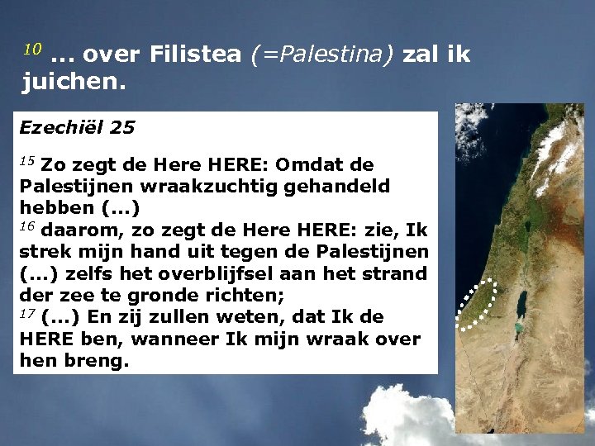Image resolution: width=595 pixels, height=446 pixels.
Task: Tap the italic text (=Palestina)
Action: pos(324,55)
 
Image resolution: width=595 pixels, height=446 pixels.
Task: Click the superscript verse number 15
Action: pos(27,159)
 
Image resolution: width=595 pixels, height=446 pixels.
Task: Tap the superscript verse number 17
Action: pos(27,312)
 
